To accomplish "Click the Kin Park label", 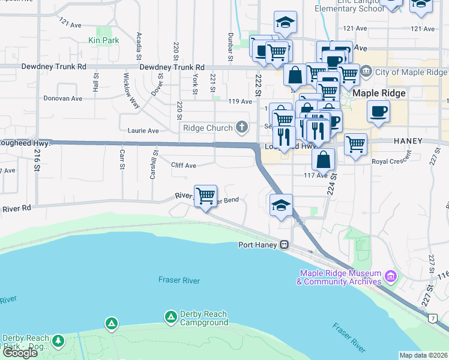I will coord(104,40).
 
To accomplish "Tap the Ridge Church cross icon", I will coord(241,127).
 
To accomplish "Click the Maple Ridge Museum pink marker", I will coord(391,277).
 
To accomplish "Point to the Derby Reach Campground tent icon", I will coord(170,317).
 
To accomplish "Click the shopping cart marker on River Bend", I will coord(205,195).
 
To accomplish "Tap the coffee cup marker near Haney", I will coord(378,112).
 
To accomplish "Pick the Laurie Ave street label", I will coord(143,130).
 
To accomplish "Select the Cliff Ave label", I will coord(183,165).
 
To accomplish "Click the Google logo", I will coord(20,353).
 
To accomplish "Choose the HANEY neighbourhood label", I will coord(408,140).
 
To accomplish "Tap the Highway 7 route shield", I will coord(432,319).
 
